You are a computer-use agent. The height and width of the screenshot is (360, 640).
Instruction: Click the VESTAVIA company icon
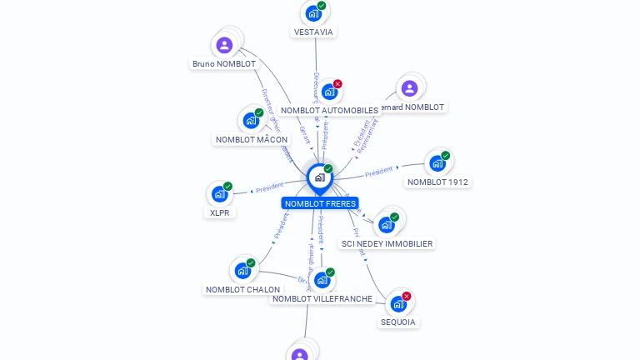click(312, 13)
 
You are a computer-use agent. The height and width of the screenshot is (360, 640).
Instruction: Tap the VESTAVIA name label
click(313, 32)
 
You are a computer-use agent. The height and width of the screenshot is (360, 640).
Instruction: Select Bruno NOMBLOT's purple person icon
click(224, 45)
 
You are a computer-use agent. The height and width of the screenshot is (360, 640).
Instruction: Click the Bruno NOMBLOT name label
click(224, 63)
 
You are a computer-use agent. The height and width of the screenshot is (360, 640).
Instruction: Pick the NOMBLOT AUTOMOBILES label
click(329, 110)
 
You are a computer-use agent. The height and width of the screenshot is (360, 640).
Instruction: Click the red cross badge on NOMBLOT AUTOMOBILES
click(337, 83)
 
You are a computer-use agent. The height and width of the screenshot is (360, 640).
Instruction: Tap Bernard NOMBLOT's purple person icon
click(409, 87)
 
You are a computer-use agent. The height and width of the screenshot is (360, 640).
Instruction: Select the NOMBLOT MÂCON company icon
click(250, 120)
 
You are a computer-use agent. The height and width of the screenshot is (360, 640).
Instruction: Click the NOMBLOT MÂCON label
click(252, 139)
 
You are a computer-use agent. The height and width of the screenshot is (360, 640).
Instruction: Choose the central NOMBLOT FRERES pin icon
click(319, 177)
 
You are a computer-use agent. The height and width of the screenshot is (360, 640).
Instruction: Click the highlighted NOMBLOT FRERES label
click(320, 203)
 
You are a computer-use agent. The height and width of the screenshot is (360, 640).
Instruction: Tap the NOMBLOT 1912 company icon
click(437, 163)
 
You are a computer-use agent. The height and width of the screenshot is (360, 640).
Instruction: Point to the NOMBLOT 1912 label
click(438, 182)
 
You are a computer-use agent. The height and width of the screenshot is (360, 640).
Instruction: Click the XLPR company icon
click(219, 194)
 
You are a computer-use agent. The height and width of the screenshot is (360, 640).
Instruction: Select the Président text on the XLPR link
click(270, 188)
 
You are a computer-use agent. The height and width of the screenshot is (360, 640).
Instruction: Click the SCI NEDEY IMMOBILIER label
click(387, 243)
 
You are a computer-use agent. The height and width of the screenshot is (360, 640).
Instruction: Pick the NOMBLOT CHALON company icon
click(242, 271)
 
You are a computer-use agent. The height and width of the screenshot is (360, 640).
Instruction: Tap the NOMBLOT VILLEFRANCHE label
click(322, 298)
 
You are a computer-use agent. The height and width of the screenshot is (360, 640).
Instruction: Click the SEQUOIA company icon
click(398, 304)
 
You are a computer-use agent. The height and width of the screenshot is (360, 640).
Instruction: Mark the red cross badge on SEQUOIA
click(407, 296)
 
